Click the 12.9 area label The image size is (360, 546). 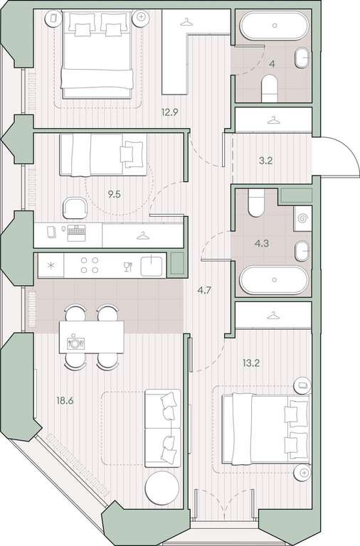coord(170,112)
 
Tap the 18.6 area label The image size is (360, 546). coord(65,400)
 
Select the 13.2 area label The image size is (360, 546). coord(251,363)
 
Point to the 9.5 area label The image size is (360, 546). coord(114,194)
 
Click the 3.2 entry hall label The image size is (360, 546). coord(265,161)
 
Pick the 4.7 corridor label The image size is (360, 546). coord(204,290)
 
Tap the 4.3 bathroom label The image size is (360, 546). coord(261,243)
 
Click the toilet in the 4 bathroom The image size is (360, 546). coord(269,88)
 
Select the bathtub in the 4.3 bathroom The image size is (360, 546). coord(274,279)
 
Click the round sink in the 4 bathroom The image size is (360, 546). coord(302,58)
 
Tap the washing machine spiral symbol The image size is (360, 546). coord(302,219)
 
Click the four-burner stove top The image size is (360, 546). coord(90,265)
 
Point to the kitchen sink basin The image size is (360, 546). coord(152,265)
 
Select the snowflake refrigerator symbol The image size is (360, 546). coord(51,266)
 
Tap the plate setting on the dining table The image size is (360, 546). coord(75,343)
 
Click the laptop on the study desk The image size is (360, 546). coord(76,232)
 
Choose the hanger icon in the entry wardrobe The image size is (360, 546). coord(274,120)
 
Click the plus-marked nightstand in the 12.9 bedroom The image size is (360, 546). coord(141,17)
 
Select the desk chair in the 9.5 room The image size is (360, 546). coord(75,208)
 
